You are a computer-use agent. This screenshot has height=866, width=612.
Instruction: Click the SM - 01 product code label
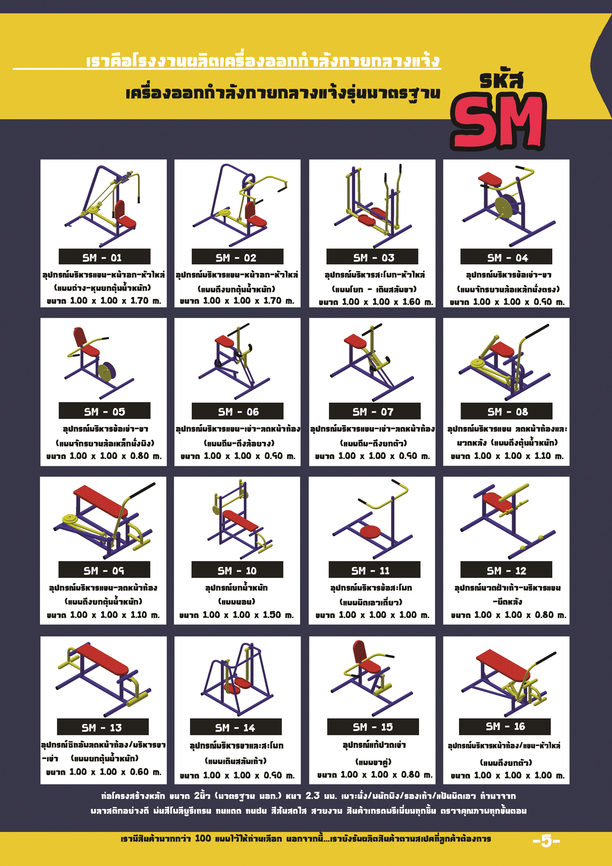click(104, 257)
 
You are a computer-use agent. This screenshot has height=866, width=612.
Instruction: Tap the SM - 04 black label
click(506, 257)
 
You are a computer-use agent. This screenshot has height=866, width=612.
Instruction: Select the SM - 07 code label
click(374, 411)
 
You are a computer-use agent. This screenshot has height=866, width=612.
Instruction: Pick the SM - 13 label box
click(103, 727)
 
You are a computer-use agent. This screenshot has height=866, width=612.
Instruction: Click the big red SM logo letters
click(498, 120)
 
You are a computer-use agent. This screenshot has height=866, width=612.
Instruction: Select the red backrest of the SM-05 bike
click(79, 336)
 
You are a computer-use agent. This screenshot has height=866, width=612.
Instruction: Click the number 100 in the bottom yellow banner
click(203, 838)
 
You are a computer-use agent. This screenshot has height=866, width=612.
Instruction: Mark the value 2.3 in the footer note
click(313, 796)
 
